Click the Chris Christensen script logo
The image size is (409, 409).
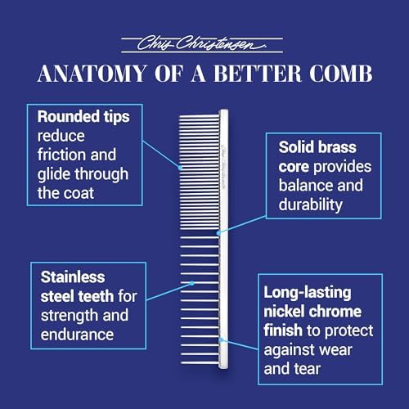202,43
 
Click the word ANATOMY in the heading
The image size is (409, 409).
92,74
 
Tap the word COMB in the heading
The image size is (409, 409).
340,74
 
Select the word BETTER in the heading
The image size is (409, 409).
257,74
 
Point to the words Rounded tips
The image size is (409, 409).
83,116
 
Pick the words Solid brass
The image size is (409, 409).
317,147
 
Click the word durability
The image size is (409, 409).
311,205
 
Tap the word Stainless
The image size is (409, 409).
73,277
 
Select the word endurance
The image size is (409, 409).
77,335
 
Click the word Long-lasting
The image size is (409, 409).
308,293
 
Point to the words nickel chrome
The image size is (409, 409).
312,312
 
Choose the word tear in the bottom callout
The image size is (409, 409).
308,369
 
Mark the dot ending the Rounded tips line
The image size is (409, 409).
180,168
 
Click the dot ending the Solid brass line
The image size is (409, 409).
218,233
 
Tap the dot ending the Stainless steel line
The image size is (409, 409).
192,283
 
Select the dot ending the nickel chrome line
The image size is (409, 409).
222,340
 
